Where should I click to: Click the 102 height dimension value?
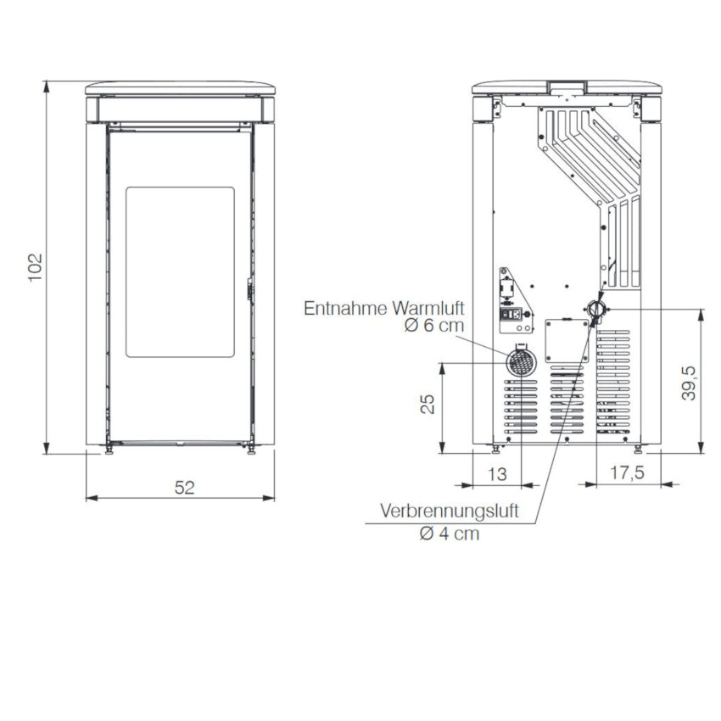[x=36, y=267]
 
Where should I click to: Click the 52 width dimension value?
[x=184, y=488]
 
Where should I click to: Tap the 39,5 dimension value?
[x=689, y=383]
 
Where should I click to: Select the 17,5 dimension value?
[x=627, y=472]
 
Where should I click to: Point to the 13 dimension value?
[x=496, y=473]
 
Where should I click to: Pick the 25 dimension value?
[x=428, y=404]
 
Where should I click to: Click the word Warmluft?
[x=428, y=308]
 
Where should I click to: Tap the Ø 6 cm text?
[x=434, y=326]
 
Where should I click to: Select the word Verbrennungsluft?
[x=450, y=511]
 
